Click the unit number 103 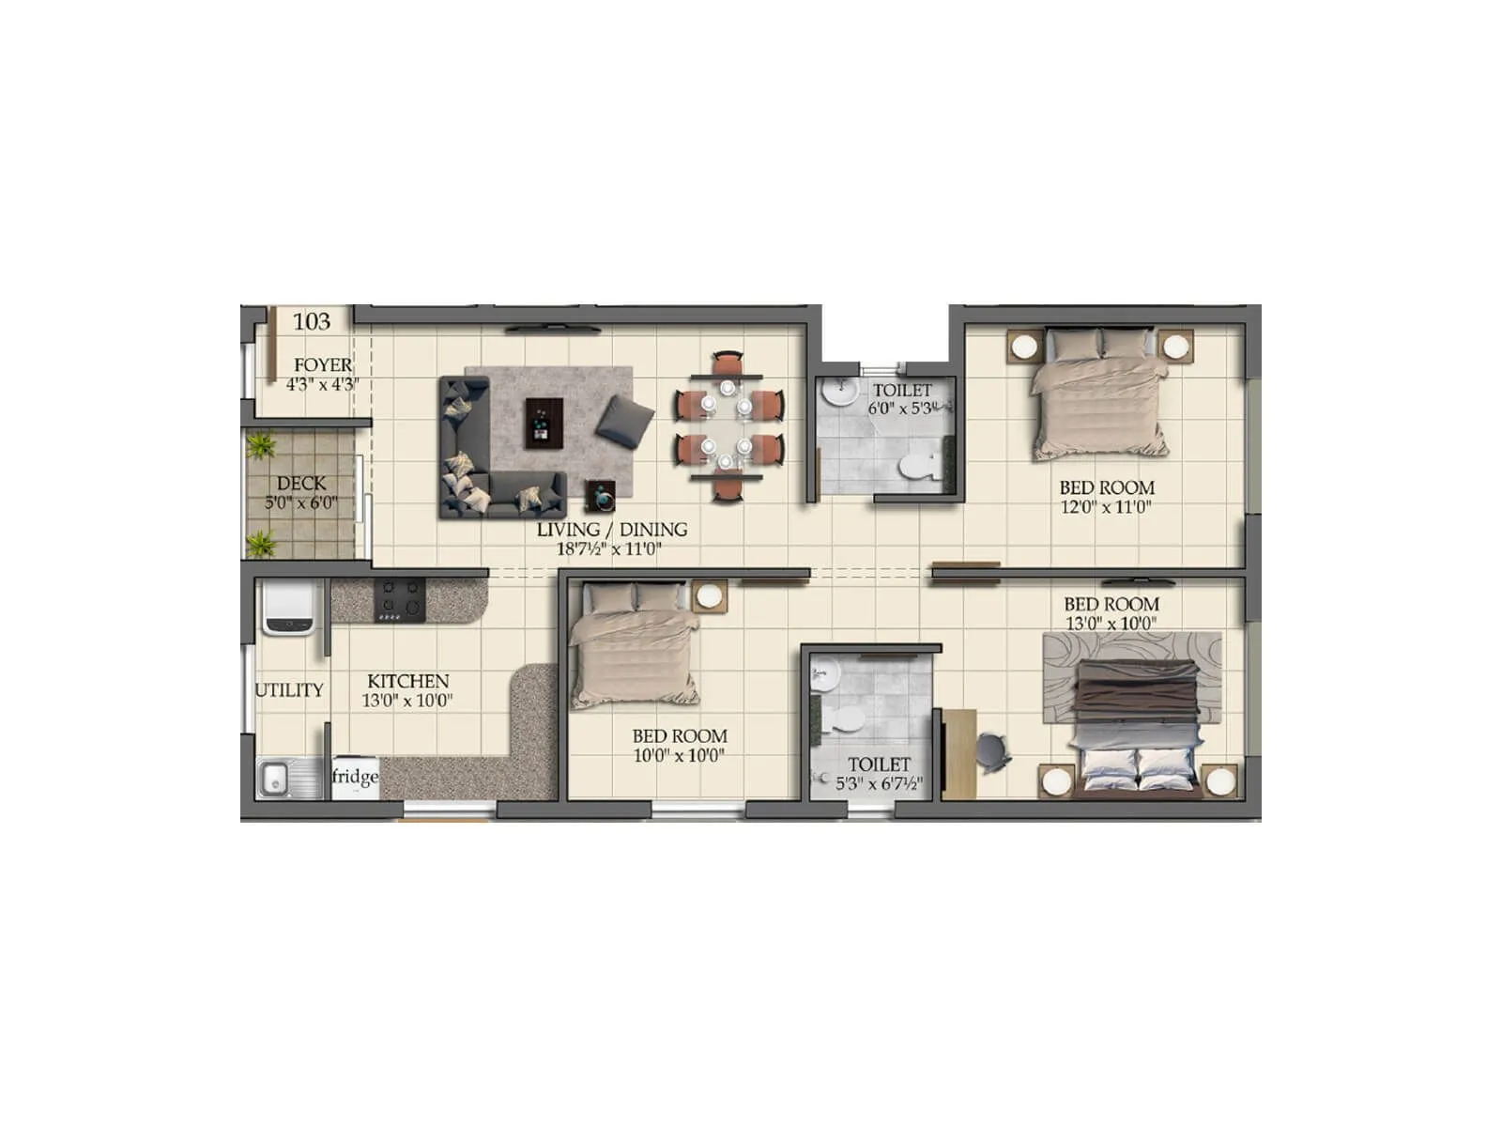click(x=312, y=322)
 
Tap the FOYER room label click(x=323, y=364)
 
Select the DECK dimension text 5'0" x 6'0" click(x=300, y=503)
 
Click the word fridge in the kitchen click(x=355, y=777)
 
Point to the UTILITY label click(x=289, y=690)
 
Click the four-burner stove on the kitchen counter click(x=400, y=600)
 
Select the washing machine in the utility click(x=288, y=608)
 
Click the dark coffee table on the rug click(x=544, y=422)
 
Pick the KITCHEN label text click(x=407, y=681)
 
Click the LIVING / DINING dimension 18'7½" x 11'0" click(x=610, y=549)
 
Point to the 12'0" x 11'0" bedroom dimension click(x=1106, y=507)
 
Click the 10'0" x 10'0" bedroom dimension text click(x=679, y=756)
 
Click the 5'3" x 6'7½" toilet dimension click(x=879, y=784)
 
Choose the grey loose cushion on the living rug click(x=624, y=419)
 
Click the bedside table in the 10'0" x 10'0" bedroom click(x=709, y=596)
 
